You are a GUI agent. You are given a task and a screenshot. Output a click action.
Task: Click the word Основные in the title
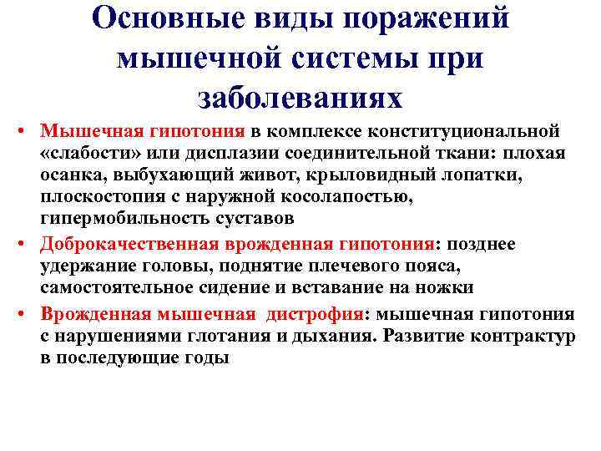155,19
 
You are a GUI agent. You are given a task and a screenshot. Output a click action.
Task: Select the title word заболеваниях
300,97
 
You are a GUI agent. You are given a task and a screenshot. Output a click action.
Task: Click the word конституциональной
466,132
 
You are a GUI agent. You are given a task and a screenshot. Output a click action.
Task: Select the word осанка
69,175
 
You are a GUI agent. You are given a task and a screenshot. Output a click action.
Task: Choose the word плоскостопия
92,198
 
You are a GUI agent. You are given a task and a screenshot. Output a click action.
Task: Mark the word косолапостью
343,198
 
